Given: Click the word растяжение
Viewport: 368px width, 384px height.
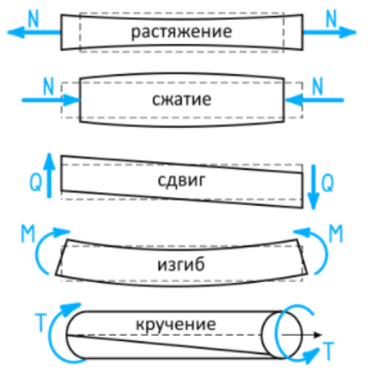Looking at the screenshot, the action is (x=181, y=32).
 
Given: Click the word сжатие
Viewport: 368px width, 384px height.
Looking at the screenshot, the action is (x=182, y=99).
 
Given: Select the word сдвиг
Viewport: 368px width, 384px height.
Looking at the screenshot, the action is (x=182, y=180).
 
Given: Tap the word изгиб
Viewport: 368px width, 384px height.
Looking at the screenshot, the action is (x=181, y=264).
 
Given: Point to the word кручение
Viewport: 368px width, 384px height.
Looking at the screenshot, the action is (x=175, y=324).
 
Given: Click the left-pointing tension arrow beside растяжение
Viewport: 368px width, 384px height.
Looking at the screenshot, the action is (x=34, y=32).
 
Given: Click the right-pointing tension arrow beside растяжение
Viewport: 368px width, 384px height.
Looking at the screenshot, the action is (x=329, y=32).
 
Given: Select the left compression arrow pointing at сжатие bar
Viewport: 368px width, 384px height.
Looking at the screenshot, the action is (x=51, y=100).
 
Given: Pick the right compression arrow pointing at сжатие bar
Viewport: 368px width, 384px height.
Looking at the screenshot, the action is (x=314, y=100).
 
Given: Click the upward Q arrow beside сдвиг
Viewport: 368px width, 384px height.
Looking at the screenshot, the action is (x=49, y=175).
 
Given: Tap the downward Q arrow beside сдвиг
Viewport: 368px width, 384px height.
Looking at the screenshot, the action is (x=313, y=187).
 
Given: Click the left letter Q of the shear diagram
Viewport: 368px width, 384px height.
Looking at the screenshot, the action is (x=36, y=182).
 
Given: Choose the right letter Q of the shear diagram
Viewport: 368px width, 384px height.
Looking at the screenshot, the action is (x=328, y=183).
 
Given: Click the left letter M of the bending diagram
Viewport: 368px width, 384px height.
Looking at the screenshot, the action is (x=28, y=234).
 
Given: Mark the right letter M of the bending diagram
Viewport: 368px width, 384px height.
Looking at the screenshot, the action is (x=336, y=234).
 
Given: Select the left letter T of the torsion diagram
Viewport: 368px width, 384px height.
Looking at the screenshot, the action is (x=41, y=322).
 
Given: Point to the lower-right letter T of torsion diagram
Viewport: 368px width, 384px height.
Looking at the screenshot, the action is (x=329, y=352).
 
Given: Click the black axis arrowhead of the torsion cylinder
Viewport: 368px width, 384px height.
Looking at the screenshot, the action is (x=318, y=335).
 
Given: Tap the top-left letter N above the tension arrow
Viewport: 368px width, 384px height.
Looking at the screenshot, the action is (x=33, y=19).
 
